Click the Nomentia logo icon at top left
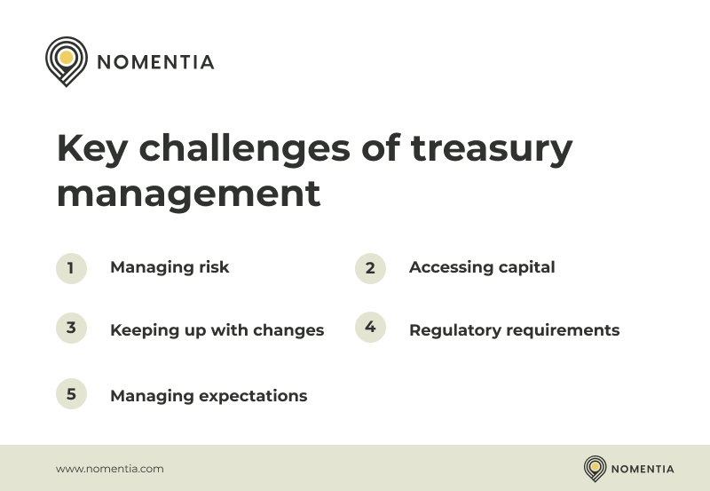pos(67,60)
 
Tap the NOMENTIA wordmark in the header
pos(155,62)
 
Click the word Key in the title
pos(91,149)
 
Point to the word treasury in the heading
pos(491,149)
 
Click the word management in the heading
pos(188,193)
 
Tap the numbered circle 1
pos(71,268)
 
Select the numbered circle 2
pos(370,268)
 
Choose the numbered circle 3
pos(71,328)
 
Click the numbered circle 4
pos(370,328)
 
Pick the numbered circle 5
pos(71,394)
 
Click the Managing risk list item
pos(170,267)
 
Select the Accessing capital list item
pos(482,267)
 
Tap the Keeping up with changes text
pos(217,330)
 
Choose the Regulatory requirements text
pos(514,330)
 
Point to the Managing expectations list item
pos(209,396)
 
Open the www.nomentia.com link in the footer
pos(110,469)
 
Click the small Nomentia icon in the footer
pos(595,468)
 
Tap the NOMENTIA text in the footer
pos(643,469)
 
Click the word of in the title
pos(380,149)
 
